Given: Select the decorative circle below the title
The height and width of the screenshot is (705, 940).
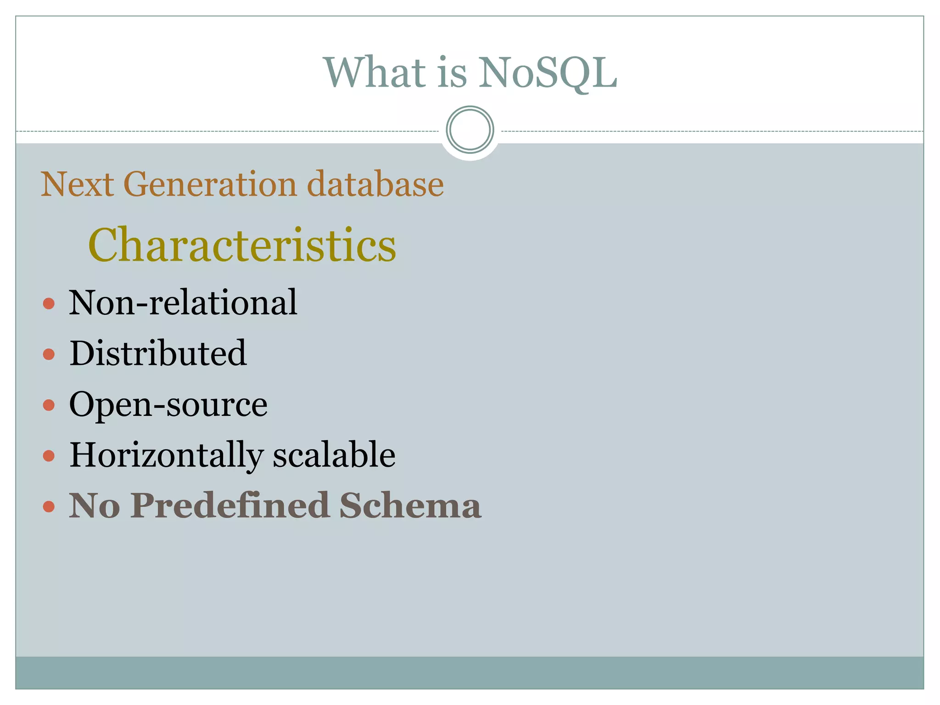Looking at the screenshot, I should click(x=470, y=130).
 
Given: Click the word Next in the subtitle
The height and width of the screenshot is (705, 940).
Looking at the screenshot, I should click(x=77, y=185).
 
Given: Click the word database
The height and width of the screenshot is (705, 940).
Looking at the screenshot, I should click(x=375, y=185).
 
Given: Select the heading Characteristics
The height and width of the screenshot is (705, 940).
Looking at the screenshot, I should click(x=242, y=245).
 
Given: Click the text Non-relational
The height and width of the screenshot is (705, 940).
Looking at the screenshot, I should click(x=183, y=303).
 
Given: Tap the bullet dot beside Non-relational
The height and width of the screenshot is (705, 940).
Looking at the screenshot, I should click(x=49, y=303).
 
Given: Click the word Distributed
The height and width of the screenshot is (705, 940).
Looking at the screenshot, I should click(x=158, y=353).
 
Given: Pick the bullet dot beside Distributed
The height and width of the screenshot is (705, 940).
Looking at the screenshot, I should click(x=49, y=354).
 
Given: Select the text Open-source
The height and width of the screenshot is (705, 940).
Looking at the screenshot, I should click(x=168, y=405).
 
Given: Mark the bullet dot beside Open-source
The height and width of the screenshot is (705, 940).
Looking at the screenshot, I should click(x=49, y=405).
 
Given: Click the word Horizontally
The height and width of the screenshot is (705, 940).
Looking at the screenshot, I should click(x=166, y=456).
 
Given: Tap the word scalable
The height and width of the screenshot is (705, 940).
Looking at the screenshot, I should click(x=334, y=455).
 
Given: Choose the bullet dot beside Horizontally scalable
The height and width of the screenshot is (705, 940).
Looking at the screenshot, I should click(x=49, y=456).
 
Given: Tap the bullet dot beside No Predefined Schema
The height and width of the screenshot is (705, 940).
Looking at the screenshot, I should click(x=49, y=507).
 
